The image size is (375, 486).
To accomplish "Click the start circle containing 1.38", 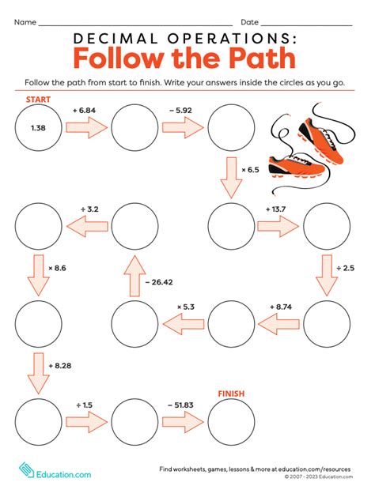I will (x=38, y=127).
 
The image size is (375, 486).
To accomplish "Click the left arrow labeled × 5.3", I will (x=184, y=323).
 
